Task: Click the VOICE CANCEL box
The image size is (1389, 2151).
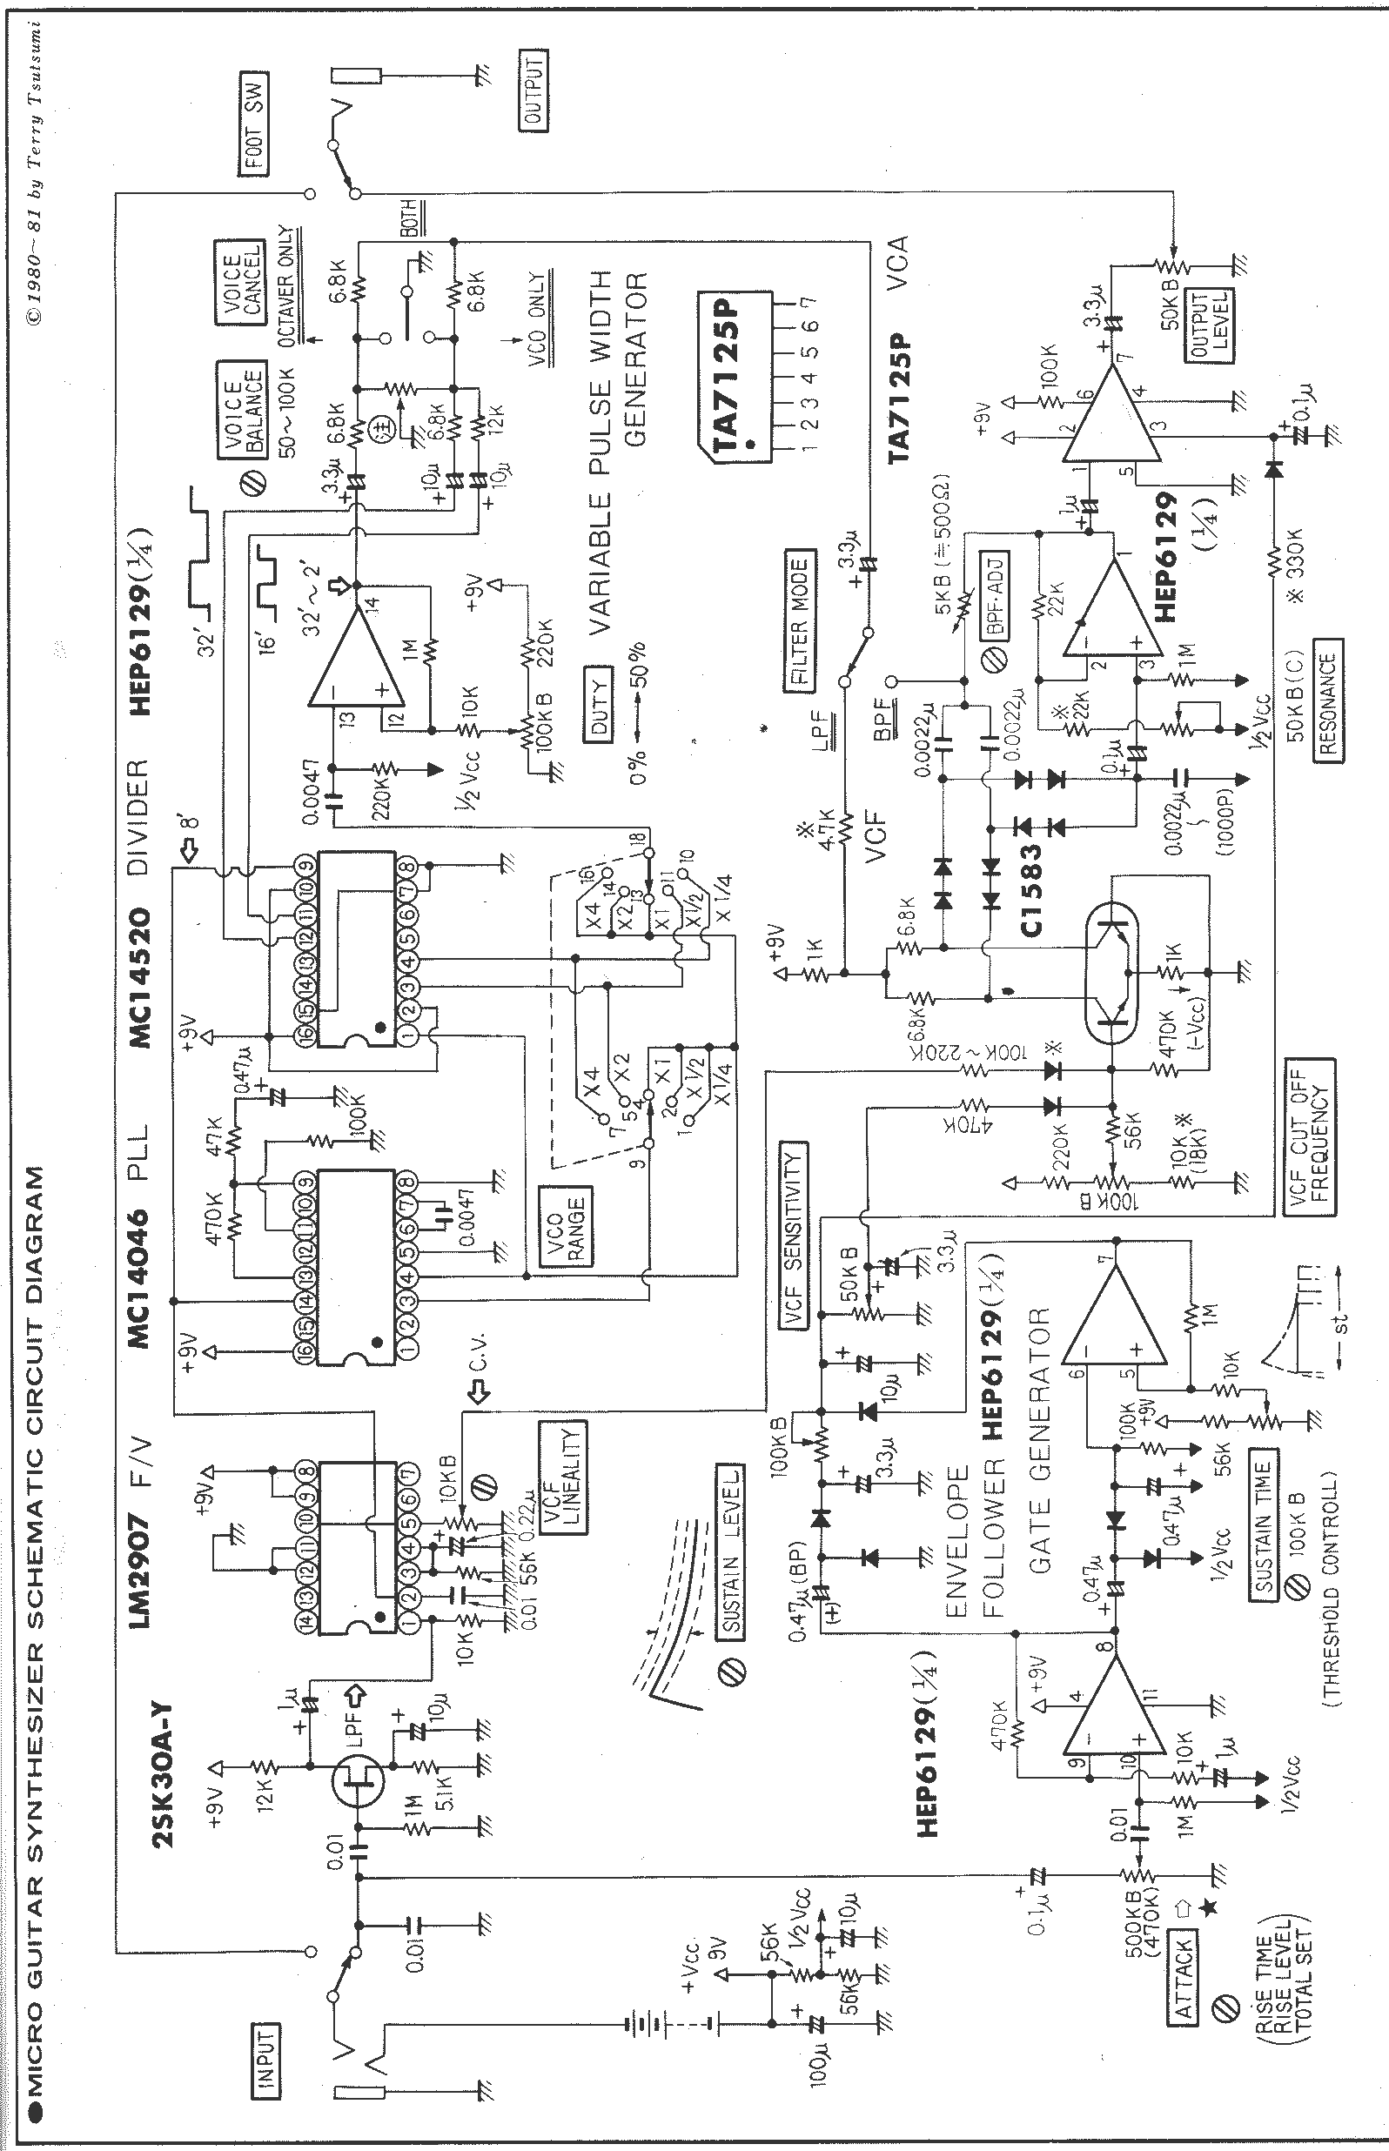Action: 239,282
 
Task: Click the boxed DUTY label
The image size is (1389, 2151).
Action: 597,702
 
